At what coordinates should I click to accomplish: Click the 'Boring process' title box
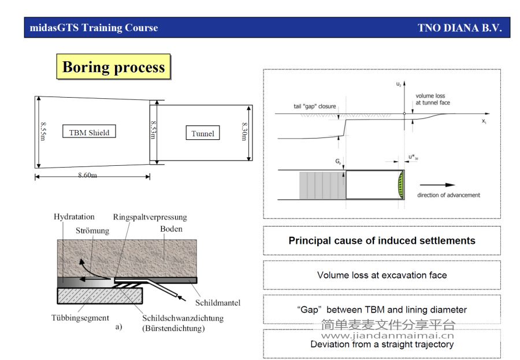click(113, 66)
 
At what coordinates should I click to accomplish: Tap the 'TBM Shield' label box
click(89, 131)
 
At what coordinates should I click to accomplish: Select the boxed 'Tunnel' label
click(203, 133)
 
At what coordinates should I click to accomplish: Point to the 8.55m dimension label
click(43, 131)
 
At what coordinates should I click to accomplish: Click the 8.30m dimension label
click(244, 131)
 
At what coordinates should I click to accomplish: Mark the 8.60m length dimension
click(88, 175)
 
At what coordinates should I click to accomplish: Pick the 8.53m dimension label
click(153, 130)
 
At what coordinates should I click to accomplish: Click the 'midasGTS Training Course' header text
click(94, 28)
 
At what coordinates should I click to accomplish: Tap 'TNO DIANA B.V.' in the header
click(460, 28)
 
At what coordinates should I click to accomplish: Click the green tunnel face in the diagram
click(401, 185)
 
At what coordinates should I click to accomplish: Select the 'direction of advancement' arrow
click(437, 185)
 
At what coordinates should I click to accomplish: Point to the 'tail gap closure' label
click(315, 106)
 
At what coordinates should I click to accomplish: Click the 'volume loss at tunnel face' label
click(433, 99)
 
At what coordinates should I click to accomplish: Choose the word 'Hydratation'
click(74, 217)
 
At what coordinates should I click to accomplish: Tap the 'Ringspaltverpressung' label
click(150, 217)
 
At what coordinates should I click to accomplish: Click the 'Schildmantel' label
click(218, 303)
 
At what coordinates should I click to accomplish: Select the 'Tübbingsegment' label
click(80, 318)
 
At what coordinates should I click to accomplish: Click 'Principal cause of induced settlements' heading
click(382, 240)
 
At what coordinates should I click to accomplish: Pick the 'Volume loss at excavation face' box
click(382, 275)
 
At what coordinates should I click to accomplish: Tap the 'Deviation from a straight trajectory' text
click(382, 344)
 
